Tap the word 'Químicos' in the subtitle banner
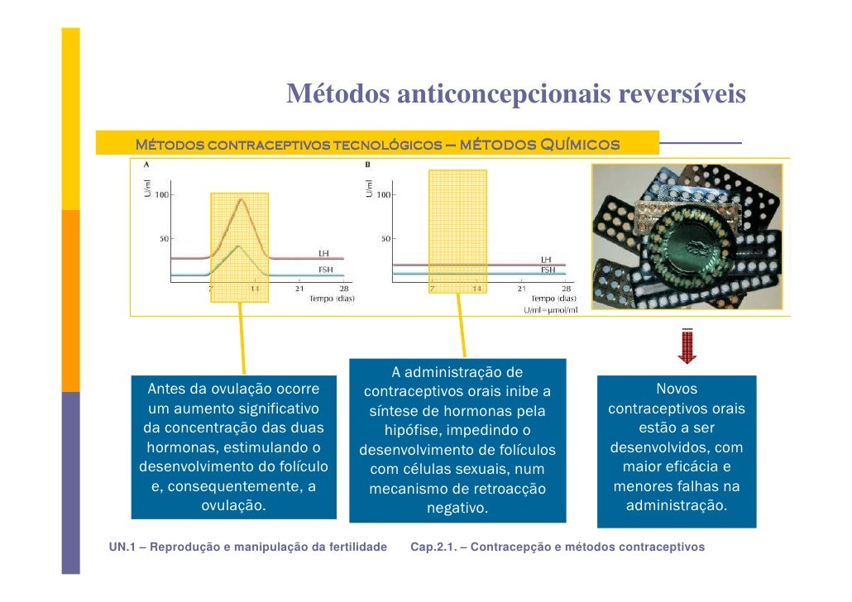click(580, 146)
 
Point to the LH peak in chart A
click(240, 199)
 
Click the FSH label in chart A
click(327, 269)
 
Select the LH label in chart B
click(546, 259)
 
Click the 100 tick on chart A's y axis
click(160, 195)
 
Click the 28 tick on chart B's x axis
click(565, 289)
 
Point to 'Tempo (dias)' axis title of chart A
click(332, 299)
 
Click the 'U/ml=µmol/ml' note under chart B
click(551, 309)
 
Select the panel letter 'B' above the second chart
click(367, 165)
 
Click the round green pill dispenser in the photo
click(691, 240)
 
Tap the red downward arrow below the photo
click(687, 347)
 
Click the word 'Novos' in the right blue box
click(677, 389)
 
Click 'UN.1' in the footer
click(123, 547)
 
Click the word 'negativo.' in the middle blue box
click(457, 509)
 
